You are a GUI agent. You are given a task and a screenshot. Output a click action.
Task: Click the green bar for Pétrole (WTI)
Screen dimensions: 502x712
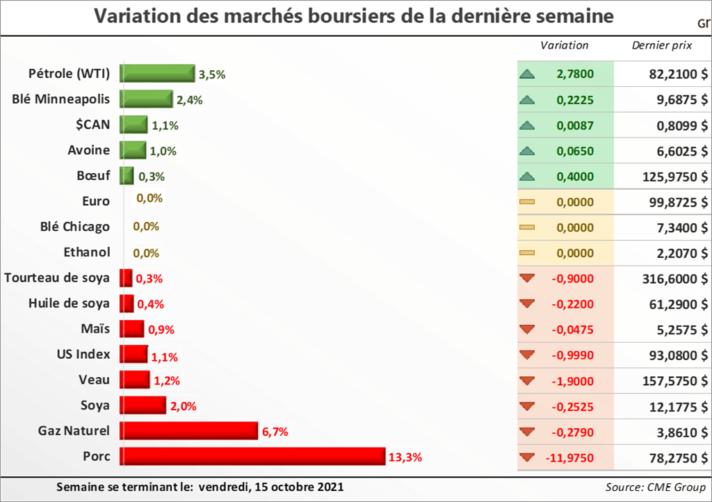tap(157, 74)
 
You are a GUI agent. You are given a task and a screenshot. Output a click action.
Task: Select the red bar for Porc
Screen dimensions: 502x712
tap(252, 456)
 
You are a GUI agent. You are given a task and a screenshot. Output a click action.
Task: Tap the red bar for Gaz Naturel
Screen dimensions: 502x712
tap(189, 431)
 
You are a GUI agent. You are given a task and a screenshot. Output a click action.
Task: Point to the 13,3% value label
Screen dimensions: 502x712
tap(405, 457)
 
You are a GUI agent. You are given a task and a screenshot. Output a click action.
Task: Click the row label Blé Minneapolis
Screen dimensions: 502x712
tap(61, 99)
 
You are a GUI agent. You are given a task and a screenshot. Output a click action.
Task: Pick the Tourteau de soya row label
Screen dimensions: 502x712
tap(57, 278)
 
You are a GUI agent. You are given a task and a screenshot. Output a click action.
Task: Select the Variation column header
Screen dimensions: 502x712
tap(565, 46)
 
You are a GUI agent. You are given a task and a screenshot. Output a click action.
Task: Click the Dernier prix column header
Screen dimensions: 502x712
tap(661, 46)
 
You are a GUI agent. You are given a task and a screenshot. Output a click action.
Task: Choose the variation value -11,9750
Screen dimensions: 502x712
tap(569, 458)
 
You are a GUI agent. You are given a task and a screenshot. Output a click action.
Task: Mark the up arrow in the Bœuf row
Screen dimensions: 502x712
tap(527, 177)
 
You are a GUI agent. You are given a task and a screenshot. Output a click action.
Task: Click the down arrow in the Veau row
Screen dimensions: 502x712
tap(527, 380)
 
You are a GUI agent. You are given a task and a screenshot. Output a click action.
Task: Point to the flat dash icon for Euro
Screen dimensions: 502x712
tap(527, 202)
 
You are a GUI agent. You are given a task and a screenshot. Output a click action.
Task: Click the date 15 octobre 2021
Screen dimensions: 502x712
tap(301, 486)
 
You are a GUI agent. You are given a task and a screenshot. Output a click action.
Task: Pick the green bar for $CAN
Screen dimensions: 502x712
tap(133, 125)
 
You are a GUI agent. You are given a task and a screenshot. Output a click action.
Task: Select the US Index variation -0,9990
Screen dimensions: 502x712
tap(572, 355)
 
